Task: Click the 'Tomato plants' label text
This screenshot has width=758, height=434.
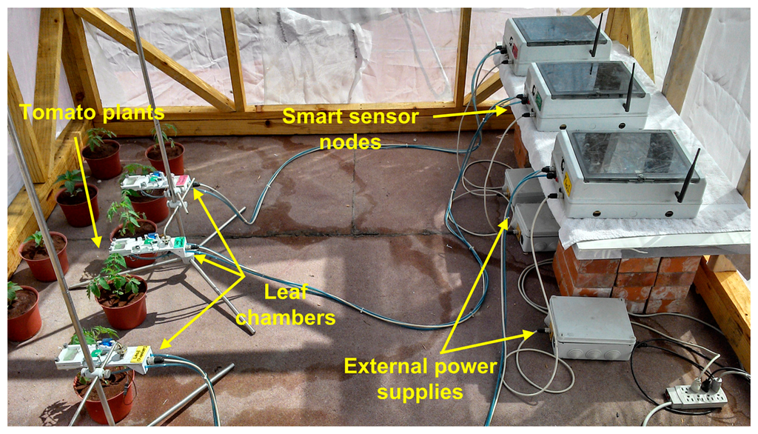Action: (x=91, y=113)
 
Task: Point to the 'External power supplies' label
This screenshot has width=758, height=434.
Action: (x=420, y=378)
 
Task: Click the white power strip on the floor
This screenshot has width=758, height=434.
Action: (x=697, y=397)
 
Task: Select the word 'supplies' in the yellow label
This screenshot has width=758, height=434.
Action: (x=420, y=391)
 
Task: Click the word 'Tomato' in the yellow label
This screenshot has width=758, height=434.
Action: (x=53, y=113)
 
